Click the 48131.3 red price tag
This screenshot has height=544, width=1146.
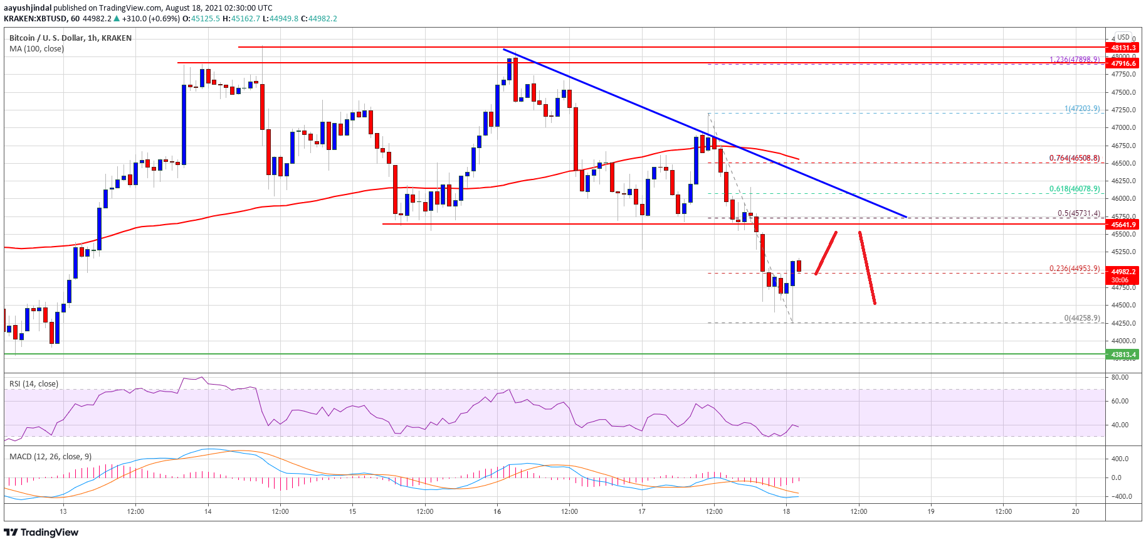1123,48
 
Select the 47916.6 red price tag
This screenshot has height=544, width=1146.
1123,63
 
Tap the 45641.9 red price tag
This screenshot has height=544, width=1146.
1123,225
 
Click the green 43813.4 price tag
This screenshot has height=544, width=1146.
1123,355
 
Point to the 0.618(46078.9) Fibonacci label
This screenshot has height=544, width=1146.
1075,189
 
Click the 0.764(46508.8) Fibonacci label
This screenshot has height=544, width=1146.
1075,158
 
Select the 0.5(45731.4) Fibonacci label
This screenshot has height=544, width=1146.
1078,213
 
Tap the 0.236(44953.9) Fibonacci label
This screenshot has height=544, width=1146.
1075,269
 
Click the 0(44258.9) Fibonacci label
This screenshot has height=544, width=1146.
1081,318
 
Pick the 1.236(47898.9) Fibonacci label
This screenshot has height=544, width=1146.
1075,60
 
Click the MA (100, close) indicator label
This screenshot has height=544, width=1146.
36,49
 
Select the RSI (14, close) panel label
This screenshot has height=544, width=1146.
34,384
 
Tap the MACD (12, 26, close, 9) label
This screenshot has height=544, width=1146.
50,456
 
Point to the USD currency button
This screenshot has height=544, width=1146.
1123,37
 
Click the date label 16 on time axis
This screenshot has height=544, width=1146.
497,511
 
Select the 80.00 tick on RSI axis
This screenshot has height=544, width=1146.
1120,377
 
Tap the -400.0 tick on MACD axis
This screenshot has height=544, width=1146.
1120,496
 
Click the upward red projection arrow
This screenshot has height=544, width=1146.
826,253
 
